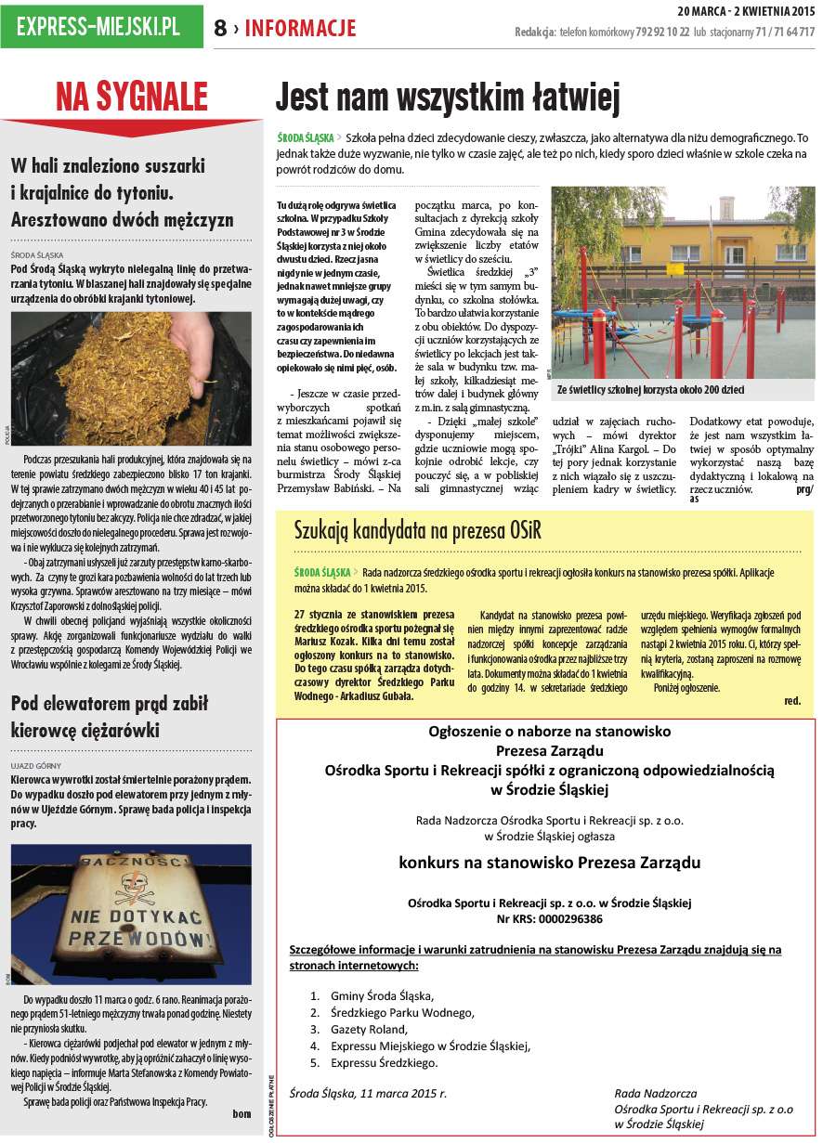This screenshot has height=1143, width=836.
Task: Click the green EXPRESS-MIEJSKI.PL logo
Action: [101, 26]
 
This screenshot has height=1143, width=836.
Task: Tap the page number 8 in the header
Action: [220, 29]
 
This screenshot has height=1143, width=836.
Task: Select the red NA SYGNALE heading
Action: [131, 97]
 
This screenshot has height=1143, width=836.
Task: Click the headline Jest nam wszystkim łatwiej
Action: [447, 97]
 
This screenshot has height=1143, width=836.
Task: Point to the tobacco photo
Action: [131, 365]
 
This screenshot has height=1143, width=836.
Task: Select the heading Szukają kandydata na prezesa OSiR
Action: [417, 531]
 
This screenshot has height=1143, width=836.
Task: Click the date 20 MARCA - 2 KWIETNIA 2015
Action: [746, 11]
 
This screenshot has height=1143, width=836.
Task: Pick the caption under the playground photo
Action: [650, 390]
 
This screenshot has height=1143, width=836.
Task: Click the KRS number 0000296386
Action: [550, 919]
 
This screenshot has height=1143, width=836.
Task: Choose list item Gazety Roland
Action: [369, 1029]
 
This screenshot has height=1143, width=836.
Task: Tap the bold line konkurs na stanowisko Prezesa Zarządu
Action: [550, 862]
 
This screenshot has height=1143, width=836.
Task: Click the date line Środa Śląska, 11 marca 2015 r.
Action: [368, 1094]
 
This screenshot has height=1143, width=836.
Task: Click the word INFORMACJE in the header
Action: [300, 29]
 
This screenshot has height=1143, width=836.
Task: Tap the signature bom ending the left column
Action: [242, 1114]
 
